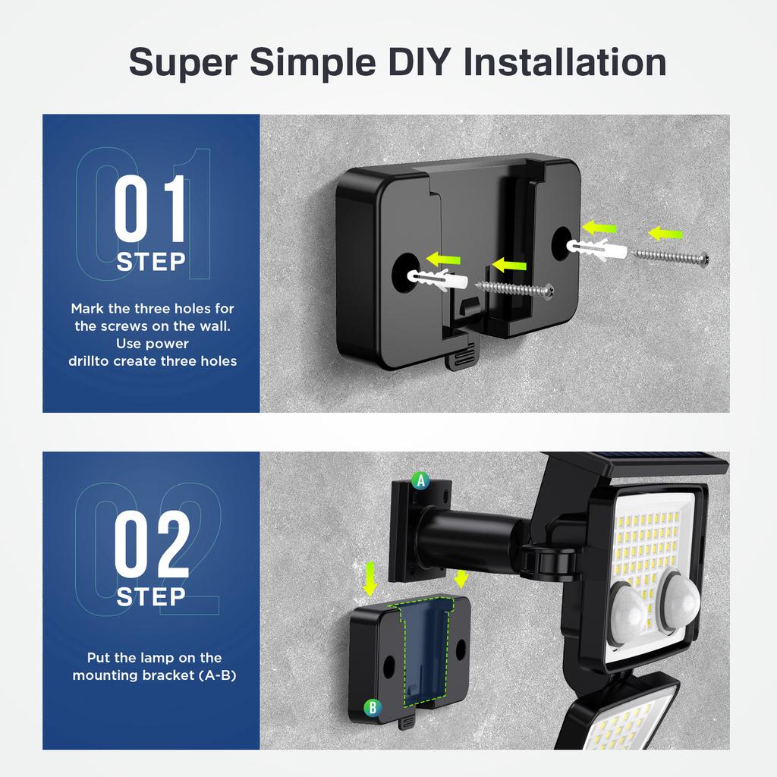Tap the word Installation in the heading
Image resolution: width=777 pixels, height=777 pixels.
[x=565, y=61]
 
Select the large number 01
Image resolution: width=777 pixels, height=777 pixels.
[x=150, y=209]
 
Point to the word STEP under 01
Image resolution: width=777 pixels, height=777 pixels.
[x=151, y=263]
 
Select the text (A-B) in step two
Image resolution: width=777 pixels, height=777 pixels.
[x=216, y=674]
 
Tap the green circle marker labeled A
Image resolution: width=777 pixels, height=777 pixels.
[x=420, y=480]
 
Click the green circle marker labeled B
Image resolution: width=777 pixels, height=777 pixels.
[x=373, y=708]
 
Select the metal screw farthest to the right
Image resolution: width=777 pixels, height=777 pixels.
[x=672, y=255]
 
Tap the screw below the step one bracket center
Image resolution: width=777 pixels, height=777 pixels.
[x=516, y=288]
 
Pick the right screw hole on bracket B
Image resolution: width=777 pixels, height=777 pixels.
[x=461, y=646]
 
